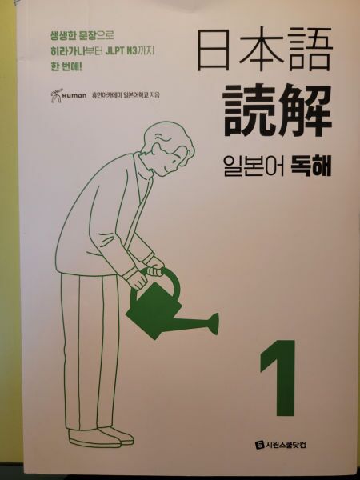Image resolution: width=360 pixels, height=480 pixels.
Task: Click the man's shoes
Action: point(100,437)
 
